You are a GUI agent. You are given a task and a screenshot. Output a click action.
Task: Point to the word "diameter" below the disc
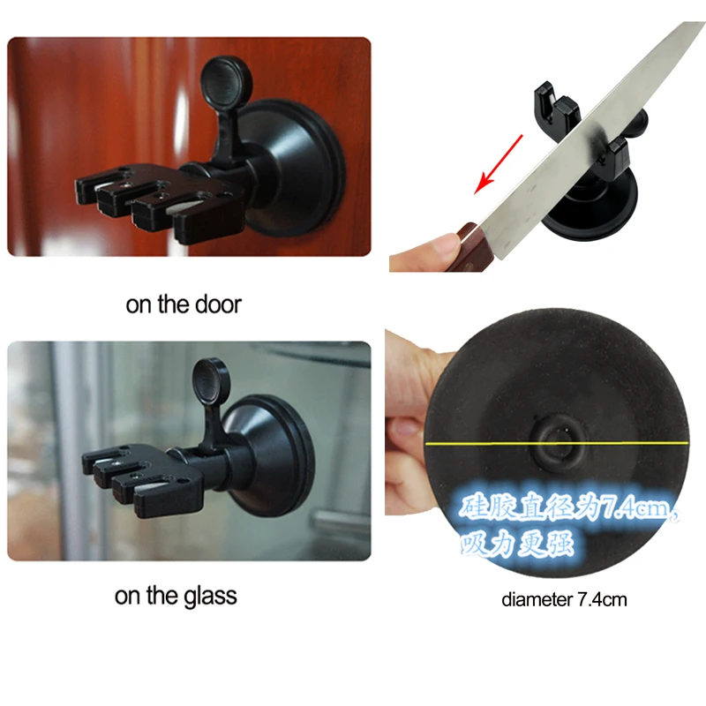pos(537,600)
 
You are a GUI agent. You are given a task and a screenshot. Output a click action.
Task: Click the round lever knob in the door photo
pos(222,81)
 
